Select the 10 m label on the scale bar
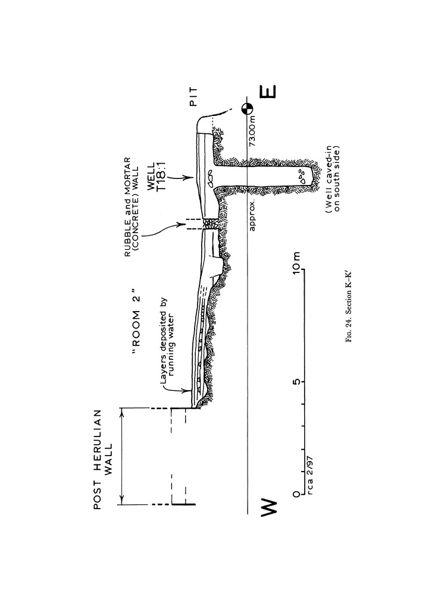tap(298, 260)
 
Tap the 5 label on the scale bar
tap(298, 381)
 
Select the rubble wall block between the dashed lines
tap(209, 224)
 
